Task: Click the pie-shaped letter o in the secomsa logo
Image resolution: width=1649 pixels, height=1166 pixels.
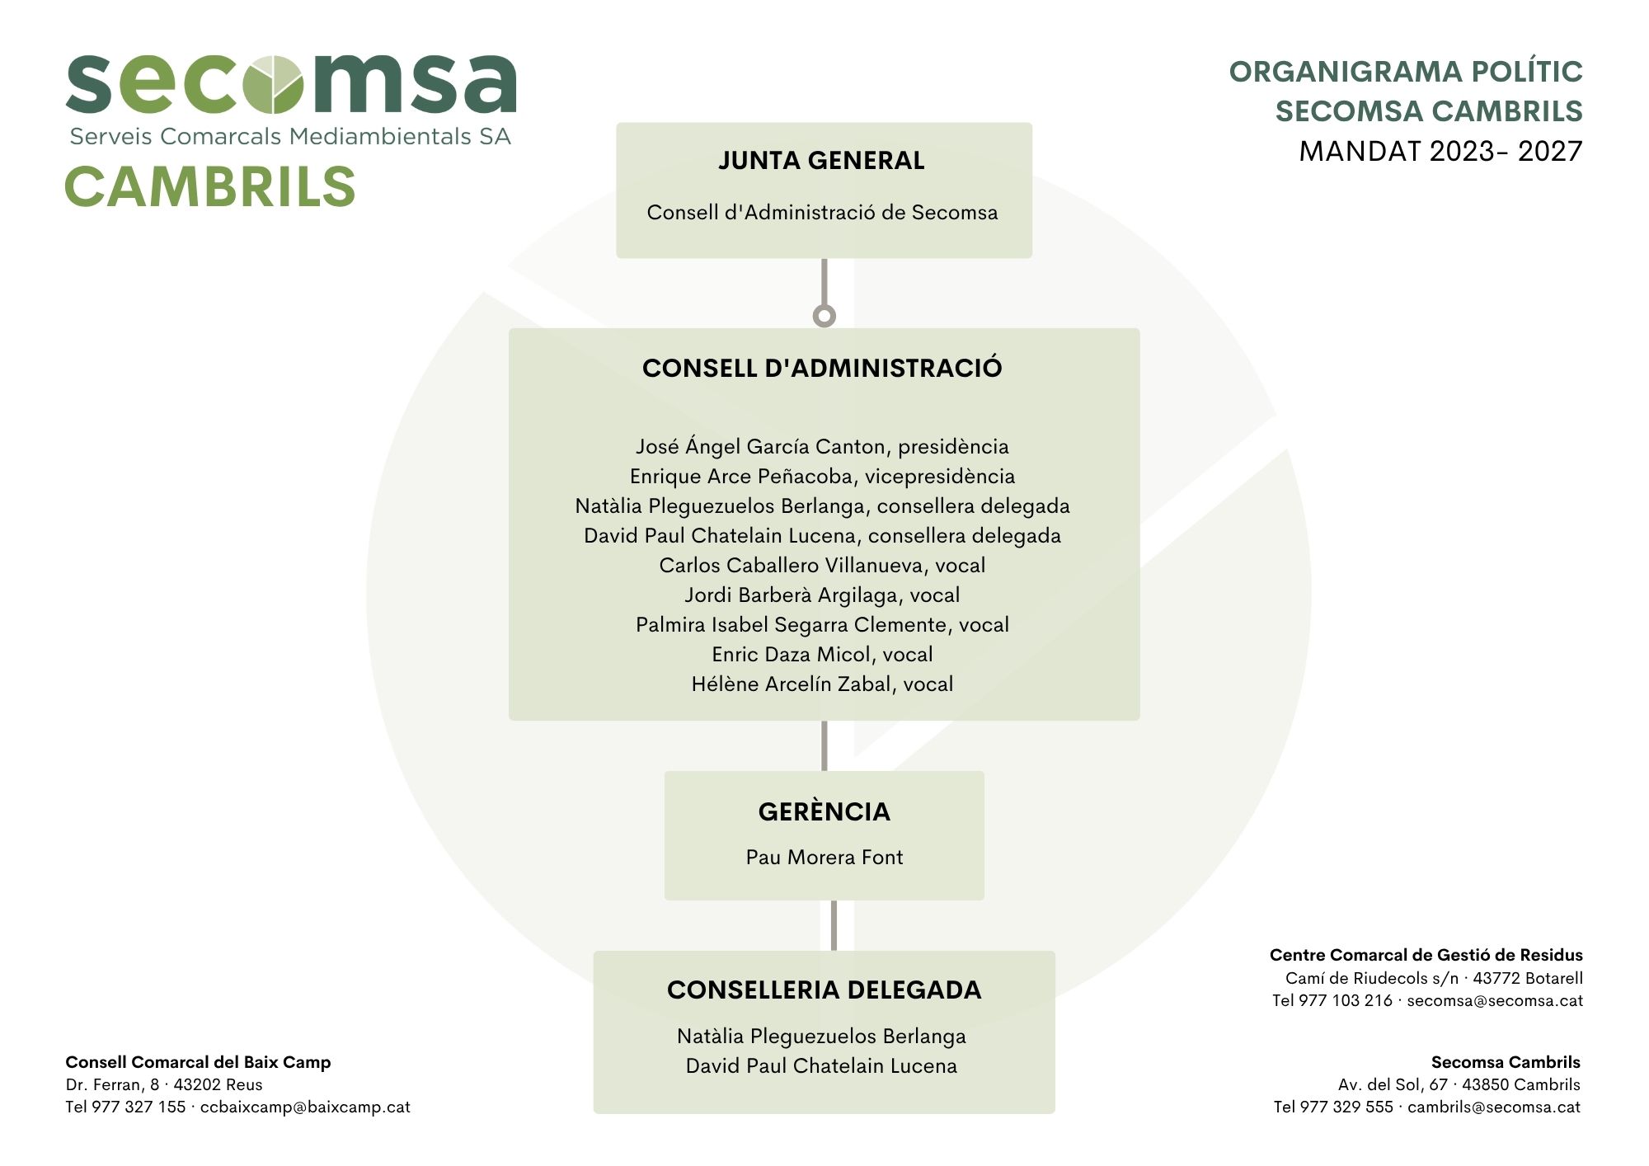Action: click(275, 84)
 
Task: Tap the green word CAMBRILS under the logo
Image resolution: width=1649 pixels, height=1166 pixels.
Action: click(210, 186)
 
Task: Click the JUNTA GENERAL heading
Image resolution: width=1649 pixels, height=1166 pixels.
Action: click(821, 160)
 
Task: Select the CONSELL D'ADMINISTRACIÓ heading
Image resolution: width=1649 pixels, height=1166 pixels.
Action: click(822, 368)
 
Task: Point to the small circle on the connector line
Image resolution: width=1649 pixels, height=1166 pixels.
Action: click(824, 316)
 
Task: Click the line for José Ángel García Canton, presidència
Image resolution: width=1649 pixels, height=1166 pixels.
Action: click(822, 447)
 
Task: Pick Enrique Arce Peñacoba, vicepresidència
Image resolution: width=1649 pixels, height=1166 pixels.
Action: click(822, 477)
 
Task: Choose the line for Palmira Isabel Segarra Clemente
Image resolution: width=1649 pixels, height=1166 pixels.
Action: click(822, 625)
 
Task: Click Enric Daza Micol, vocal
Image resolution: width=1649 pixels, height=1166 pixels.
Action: click(822, 655)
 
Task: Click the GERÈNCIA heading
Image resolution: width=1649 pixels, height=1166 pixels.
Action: click(824, 811)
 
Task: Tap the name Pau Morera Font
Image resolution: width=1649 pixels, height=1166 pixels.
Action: click(824, 858)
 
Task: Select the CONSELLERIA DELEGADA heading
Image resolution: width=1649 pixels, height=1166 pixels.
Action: click(824, 990)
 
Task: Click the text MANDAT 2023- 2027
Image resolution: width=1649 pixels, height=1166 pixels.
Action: click(1440, 152)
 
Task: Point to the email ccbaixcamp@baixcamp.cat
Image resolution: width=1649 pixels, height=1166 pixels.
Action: click(305, 1107)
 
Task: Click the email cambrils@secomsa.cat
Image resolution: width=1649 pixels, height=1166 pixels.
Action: click(1493, 1107)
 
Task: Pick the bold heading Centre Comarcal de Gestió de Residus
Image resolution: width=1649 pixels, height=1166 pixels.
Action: click(1426, 956)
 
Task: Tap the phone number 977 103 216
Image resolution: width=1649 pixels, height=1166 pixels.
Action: click(1345, 1001)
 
